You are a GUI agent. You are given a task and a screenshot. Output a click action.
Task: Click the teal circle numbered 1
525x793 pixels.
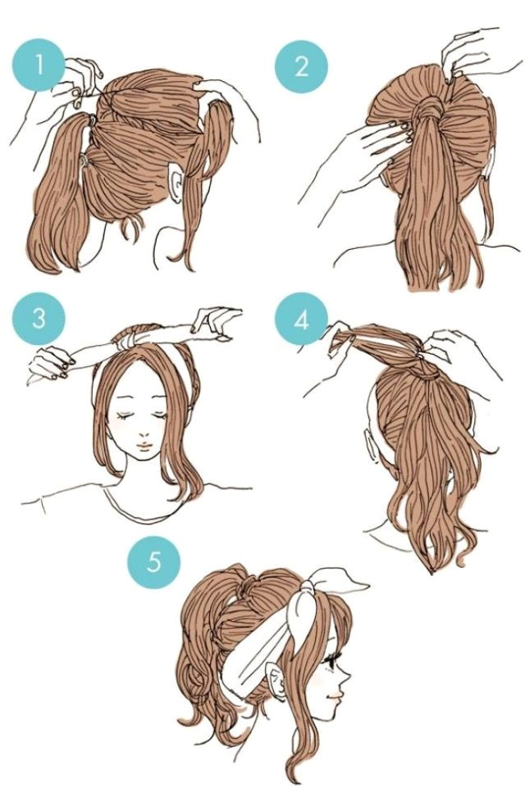tap(39, 65)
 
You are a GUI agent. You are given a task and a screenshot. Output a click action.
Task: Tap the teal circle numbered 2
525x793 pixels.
tap(301, 66)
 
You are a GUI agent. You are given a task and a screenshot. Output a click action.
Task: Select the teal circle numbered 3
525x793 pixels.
tap(39, 319)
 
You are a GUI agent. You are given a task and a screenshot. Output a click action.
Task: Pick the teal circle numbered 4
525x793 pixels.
tap(301, 319)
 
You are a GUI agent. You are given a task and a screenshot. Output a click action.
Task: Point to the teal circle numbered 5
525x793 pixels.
tap(154, 562)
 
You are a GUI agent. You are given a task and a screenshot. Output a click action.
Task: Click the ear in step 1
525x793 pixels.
tap(176, 183)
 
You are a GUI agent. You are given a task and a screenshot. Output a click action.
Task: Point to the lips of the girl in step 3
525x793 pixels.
tap(144, 446)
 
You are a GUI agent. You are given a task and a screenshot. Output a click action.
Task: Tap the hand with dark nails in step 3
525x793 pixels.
tap(51, 363)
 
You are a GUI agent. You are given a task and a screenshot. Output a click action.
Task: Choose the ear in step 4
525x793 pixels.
tap(372, 445)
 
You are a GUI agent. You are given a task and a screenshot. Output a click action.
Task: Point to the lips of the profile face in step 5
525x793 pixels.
tap(336, 696)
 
